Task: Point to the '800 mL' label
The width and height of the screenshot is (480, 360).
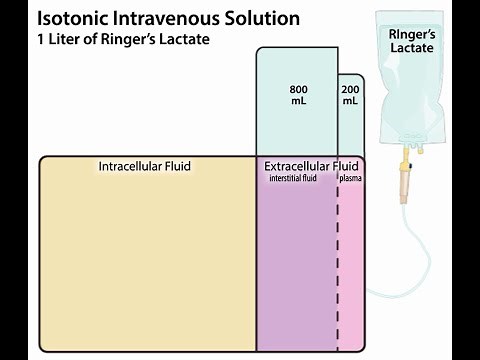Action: [x=297, y=94]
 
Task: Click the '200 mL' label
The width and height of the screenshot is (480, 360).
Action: [x=350, y=94]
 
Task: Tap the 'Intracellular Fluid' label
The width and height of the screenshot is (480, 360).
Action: [x=144, y=166]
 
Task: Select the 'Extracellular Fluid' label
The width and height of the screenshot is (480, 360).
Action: [x=310, y=165]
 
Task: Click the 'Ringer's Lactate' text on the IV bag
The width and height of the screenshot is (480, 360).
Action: [x=411, y=43]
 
